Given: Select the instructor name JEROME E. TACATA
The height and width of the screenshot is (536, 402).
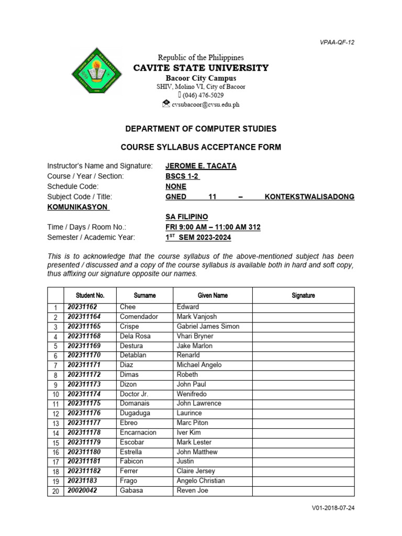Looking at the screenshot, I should click(201, 166).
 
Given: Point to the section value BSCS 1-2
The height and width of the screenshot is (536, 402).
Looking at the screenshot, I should click(183, 176).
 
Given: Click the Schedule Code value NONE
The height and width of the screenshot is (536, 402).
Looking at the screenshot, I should click(176, 186).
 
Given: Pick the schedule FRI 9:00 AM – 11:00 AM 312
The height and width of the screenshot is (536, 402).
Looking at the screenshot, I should click(213, 227).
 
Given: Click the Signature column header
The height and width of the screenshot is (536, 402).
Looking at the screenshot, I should click(303, 296).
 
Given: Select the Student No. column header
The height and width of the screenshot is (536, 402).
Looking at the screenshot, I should click(90, 296).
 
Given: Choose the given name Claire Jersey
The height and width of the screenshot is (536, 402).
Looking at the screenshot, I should click(196, 471).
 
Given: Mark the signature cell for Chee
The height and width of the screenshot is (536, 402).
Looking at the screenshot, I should click(303, 307).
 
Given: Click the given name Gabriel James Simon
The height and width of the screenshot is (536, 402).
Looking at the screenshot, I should click(208, 327).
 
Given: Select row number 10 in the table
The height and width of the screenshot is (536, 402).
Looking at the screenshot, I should click(55, 394).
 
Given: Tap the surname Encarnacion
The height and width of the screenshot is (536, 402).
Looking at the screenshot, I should click(138, 432).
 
